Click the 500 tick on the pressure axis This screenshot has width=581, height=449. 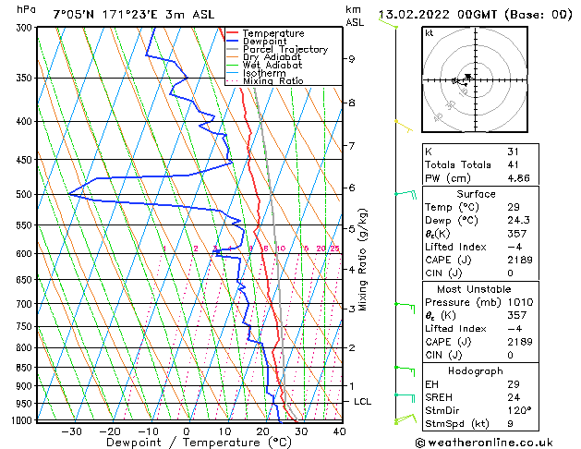[x=24, y=195]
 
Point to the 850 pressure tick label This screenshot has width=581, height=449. [x=24, y=368]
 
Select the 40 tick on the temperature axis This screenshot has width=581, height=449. [x=339, y=431]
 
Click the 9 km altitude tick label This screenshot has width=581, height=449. [x=352, y=59]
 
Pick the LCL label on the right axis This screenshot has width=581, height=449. [x=363, y=402]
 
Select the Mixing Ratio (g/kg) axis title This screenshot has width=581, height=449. [x=364, y=260]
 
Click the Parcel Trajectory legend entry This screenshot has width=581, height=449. [x=284, y=49]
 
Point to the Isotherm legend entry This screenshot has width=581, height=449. [x=263, y=73]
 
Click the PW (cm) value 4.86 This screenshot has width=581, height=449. [x=518, y=178]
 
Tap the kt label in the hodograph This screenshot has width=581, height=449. [x=430, y=32]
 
